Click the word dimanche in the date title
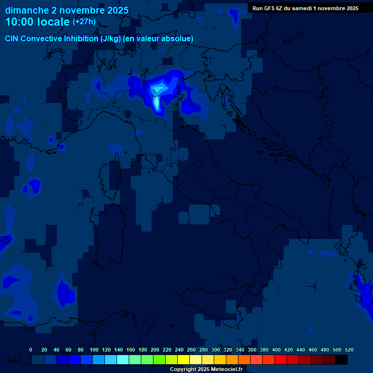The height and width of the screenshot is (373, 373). click(26, 10)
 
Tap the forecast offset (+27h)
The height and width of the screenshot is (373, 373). click(84, 22)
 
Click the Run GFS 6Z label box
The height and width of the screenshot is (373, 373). click(305, 8)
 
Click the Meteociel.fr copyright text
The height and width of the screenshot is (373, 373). click(206, 369)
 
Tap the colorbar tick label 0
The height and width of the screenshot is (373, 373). click(31, 350)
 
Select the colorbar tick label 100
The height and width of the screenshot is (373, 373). click(94, 350)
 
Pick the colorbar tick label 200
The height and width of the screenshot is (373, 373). click(155, 350)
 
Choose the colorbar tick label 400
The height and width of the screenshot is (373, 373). click(276, 350)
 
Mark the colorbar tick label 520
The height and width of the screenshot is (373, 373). click(349, 350)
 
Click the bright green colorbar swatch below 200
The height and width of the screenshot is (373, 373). click(159, 359)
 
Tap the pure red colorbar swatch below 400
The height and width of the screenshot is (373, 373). click(281, 359)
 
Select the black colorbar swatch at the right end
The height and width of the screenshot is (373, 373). click(341, 359)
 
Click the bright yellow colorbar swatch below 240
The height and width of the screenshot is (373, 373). click(184, 359)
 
